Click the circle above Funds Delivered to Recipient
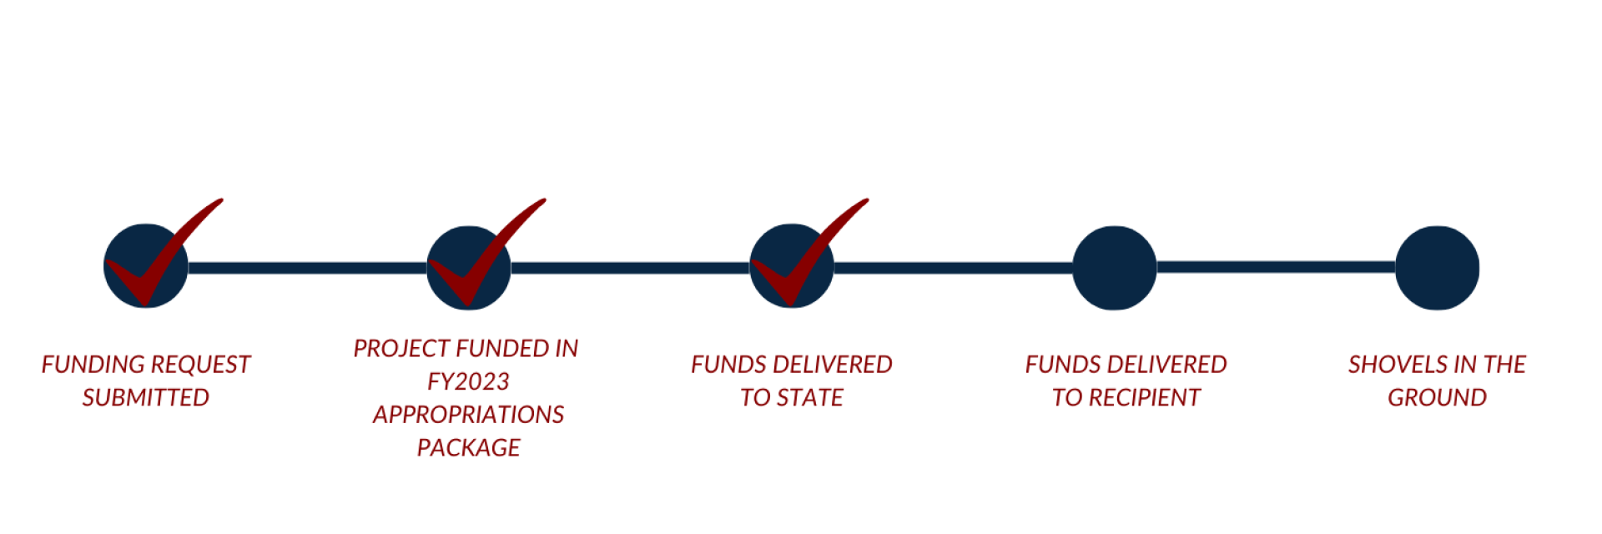pyautogui.click(x=1114, y=268)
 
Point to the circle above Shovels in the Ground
pyautogui.click(x=1437, y=268)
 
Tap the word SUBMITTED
pyautogui.click(x=146, y=398)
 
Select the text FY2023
pyautogui.click(x=468, y=381)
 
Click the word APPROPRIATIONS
pyautogui.click(x=468, y=415)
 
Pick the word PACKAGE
pyautogui.click(x=469, y=448)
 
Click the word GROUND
pyautogui.click(x=1437, y=398)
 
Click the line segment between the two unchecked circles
pyautogui.click(x=1275, y=268)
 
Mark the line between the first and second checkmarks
pyautogui.click(x=307, y=268)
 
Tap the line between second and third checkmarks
pyautogui.click(x=630, y=268)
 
